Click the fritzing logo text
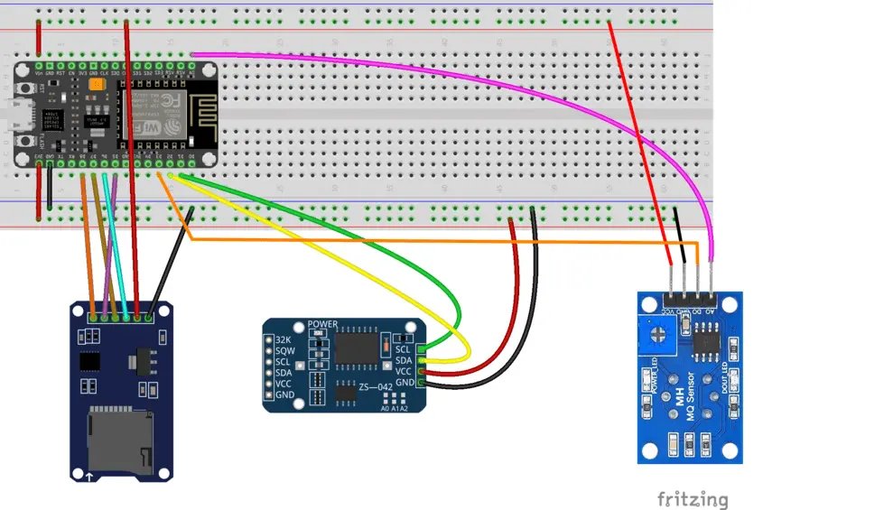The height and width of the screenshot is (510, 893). (692, 498)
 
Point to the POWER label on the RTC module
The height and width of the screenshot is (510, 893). (322, 324)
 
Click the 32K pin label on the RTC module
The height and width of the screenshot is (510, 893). (283, 340)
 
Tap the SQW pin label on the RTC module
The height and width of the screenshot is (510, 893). (284, 351)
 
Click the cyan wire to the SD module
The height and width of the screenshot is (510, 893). (115, 244)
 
